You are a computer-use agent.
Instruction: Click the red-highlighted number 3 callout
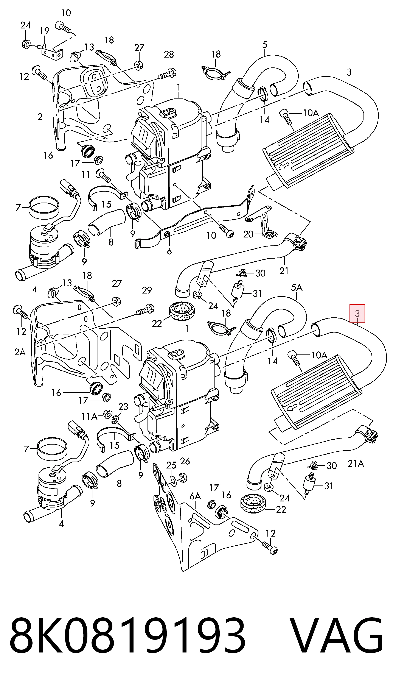[357, 313]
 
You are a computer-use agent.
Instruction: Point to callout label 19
[45, 31]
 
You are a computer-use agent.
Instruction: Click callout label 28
[169, 54]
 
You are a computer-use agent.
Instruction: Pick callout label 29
[147, 290]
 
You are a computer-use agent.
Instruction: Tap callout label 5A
[297, 288]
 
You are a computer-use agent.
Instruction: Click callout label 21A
[356, 464]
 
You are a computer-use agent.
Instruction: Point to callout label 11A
[89, 417]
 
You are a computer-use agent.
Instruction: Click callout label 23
[123, 406]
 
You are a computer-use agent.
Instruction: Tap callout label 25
[171, 465]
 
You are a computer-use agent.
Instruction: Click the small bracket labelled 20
[261, 220]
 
